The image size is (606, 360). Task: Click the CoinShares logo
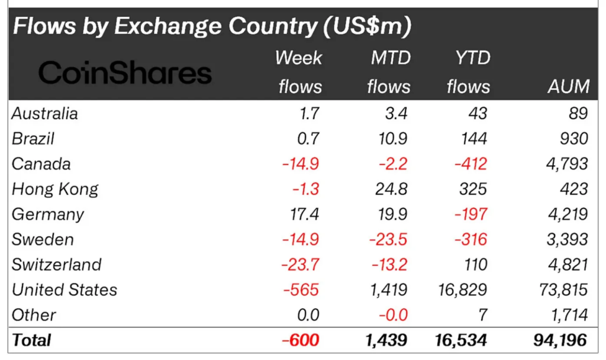pos(125,73)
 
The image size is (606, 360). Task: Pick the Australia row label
pos(45,113)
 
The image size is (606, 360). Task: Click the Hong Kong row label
pos(55,189)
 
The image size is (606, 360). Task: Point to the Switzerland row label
pos(57,264)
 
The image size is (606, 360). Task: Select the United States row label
pos(65,290)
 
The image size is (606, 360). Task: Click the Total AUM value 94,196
pos(559,340)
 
